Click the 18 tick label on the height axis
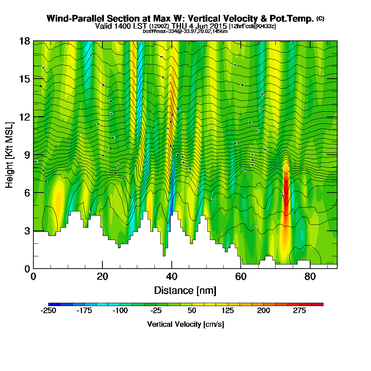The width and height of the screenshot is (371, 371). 24,41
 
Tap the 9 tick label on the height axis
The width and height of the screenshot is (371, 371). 26,154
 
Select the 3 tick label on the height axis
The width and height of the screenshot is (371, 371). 26,230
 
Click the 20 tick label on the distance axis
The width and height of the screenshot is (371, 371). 102,276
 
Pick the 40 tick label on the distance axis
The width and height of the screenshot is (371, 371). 171,276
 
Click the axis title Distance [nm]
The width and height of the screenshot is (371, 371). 185,290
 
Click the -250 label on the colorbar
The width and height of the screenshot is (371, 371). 48,311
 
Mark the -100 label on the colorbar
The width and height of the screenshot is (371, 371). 120,311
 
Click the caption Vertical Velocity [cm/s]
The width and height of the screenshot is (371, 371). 185,324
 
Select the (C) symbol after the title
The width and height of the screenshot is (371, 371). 320,18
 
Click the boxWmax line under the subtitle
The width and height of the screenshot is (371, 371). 185,31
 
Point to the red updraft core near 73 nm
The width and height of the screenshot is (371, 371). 286,185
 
